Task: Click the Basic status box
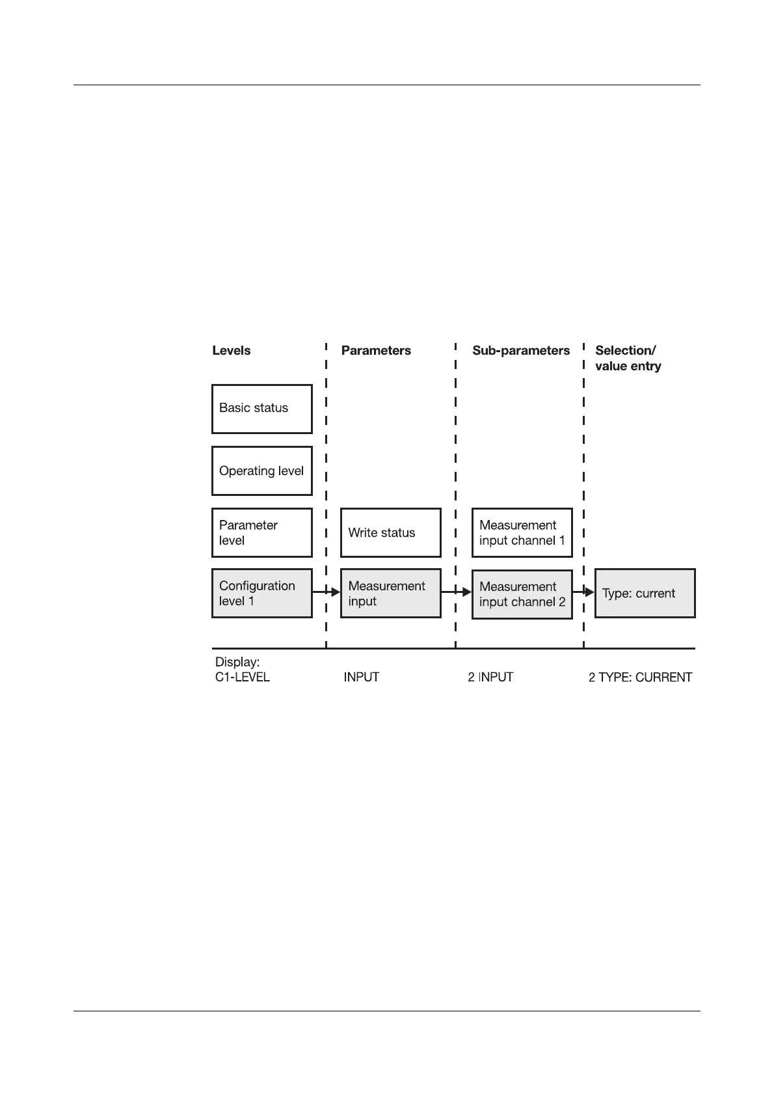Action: [x=261, y=409]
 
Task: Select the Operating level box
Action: [x=261, y=471]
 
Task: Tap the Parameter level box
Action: [x=261, y=532]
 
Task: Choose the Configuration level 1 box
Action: [x=261, y=593]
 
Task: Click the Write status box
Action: [x=390, y=532]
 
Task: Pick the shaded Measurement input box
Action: [x=390, y=593]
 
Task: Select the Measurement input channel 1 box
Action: [x=522, y=532]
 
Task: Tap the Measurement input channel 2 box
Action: [x=522, y=594]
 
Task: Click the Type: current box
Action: [x=645, y=593]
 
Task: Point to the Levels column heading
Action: [x=231, y=350]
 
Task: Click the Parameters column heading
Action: [x=376, y=350]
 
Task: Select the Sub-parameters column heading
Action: [x=520, y=350]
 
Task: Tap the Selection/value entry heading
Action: [x=628, y=358]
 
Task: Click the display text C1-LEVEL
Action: [x=242, y=677]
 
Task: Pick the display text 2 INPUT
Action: [x=490, y=677]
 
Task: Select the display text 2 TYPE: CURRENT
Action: [x=640, y=677]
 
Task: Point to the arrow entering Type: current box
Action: [x=584, y=592]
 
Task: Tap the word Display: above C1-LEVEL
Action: [x=237, y=662]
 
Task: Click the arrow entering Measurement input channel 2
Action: [x=457, y=592]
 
